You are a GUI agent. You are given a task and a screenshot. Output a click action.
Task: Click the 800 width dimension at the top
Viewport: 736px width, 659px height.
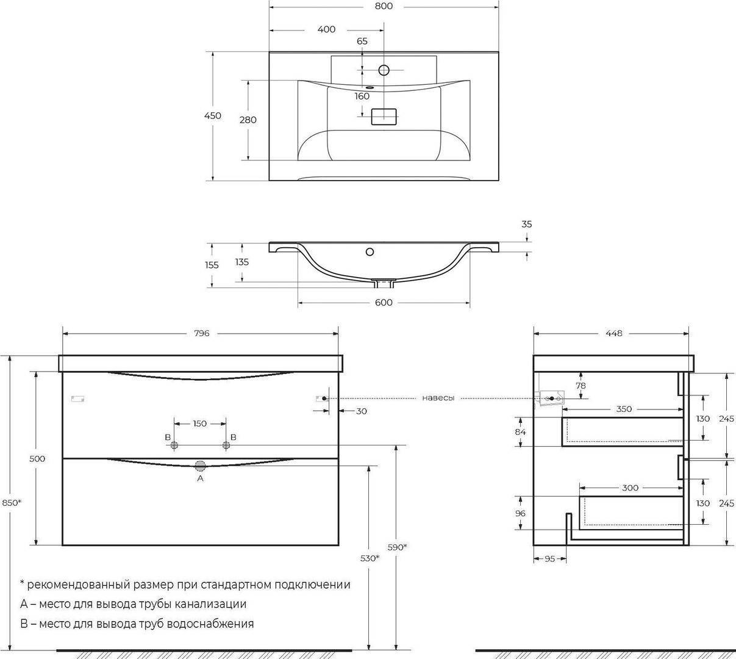tap(384, 6)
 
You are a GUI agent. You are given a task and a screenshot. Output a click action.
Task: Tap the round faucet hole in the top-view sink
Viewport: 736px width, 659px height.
tap(384, 70)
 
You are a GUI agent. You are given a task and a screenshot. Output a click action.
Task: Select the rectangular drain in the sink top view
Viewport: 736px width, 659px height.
tap(384, 117)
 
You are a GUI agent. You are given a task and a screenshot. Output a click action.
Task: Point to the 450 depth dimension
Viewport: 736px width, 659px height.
tap(213, 115)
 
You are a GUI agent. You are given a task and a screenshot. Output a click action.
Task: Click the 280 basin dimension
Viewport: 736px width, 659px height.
tap(248, 120)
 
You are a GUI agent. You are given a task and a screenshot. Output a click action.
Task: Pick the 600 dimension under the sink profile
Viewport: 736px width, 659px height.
tap(384, 303)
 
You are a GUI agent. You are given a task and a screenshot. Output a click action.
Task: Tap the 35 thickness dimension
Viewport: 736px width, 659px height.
tap(527, 225)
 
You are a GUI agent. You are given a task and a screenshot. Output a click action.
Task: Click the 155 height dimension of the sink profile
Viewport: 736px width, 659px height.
tap(212, 265)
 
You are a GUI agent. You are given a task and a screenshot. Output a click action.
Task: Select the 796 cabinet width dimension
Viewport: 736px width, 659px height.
tap(201, 333)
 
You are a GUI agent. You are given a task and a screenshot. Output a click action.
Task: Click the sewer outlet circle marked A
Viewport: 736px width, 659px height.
tap(200, 466)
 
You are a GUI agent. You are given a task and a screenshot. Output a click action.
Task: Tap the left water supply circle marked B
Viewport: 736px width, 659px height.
tap(174, 445)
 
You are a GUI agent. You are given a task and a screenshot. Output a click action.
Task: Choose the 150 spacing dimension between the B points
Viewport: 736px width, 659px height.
tap(200, 423)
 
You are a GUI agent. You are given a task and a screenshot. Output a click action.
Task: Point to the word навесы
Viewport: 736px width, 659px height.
tap(438, 398)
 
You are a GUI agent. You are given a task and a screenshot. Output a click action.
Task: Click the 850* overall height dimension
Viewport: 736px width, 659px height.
tap(12, 503)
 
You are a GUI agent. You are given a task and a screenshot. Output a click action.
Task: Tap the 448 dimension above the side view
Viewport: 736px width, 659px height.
tap(613, 333)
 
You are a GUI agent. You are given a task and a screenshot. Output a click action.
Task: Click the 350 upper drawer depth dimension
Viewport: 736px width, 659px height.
tap(624, 409)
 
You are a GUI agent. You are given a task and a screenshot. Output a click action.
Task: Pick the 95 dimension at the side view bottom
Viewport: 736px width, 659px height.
tap(550, 559)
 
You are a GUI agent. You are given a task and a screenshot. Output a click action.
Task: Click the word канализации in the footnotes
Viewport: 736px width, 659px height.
tap(211, 603)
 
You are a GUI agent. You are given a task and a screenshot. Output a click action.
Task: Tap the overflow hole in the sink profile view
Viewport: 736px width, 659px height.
tap(370, 251)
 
